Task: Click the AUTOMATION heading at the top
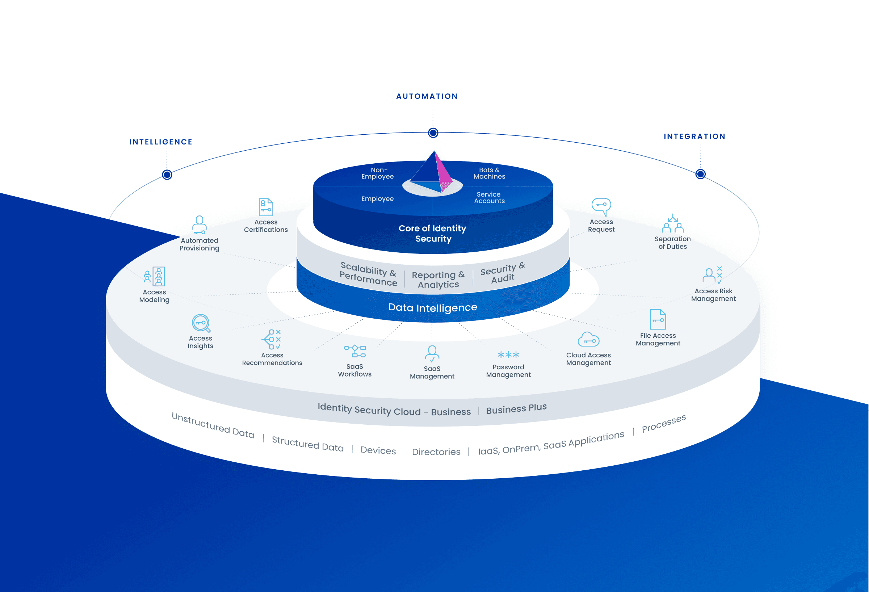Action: point(427,96)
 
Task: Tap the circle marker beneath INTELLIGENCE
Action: point(167,175)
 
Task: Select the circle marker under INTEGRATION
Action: point(700,174)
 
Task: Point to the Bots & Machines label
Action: point(489,173)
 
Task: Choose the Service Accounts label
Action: point(489,197)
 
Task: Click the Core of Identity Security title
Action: point(433,233)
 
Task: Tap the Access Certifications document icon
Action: point(266,207)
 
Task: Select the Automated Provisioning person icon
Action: point(199,225)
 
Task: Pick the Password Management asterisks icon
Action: point(508,354)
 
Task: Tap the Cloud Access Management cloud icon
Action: point(588,340)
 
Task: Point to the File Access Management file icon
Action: point(658,319)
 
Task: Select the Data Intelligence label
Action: point(433,307)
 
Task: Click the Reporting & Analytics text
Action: point(438,280)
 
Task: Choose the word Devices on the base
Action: point(378,450)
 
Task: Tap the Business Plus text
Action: point(516,409)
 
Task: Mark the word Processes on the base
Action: point(664,423)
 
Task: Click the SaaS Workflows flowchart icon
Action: point(354,352)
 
